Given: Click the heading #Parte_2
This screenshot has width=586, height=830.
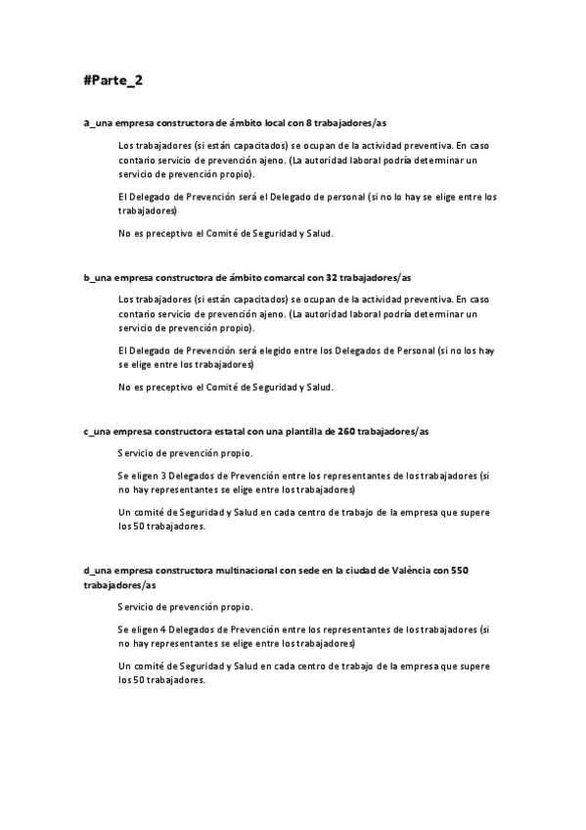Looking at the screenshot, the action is point(113,80).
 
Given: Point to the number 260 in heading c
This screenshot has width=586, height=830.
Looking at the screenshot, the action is point(346,432).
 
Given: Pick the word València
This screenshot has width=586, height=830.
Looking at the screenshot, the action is point(404,571).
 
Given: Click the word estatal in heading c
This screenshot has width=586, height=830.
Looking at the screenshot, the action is point(223,432).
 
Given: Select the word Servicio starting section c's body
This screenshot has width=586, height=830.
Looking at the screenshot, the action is point(137,453).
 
